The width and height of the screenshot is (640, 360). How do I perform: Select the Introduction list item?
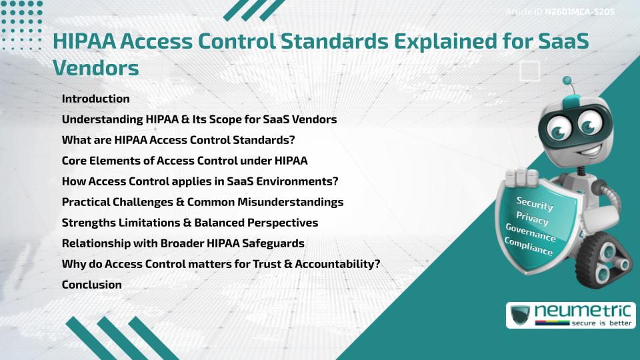pyautogui.click(x=95, y=99)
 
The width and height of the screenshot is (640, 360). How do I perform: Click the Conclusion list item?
pyautogui.click(x=91, y=285)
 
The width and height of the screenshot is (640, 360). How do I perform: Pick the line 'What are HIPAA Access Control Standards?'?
pyautogui.click(x=178, y=140)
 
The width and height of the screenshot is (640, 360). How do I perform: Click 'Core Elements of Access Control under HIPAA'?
pyautogui.click(x=184, y=161)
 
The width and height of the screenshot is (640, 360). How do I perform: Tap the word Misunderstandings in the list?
pyautogui.click(x=291, y=202)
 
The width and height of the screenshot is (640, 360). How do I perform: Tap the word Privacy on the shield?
pyautogui.click(x=532, y=218)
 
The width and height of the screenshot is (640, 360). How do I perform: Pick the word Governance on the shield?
pyautogui.click(x=530, y=233)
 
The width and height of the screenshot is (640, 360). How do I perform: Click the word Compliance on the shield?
pyautogui.click(x=529, y=247)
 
